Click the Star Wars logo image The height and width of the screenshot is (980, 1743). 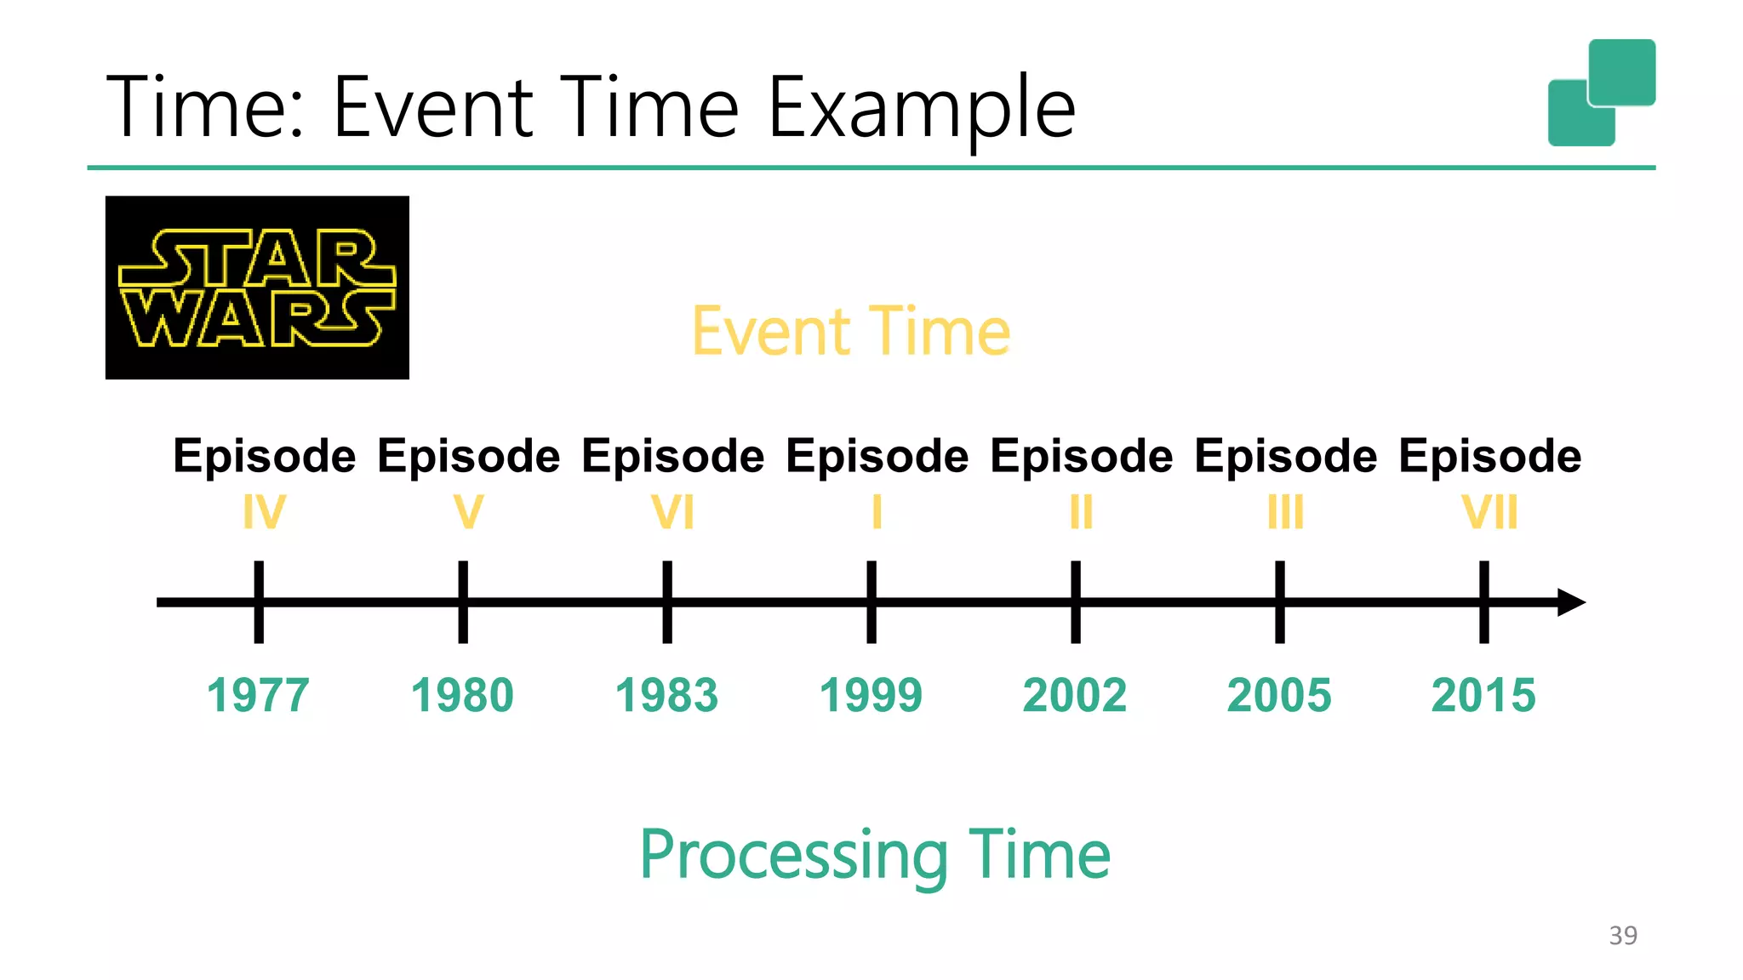(x=257, y=288)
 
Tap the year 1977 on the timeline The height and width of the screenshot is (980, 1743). (x=258, y=695)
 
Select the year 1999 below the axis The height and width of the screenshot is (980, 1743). (x=871, y=695)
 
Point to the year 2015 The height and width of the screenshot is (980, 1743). (x=1483, y=695)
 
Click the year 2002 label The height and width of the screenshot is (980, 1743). (x=1075, y=695)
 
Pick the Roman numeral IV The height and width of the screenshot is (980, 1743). (x=264, y=512)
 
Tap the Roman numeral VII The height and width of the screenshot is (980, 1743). (x=1489, y=512)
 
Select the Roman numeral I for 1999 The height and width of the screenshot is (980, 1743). (x=877, y=512)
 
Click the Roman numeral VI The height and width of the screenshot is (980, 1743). (x=672, y=512)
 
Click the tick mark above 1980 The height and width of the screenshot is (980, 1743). (x=463, y=602)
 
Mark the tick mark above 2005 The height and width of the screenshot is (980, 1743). (x=1279, y=602)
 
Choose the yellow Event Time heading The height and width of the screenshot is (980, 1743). (x=851, y=332)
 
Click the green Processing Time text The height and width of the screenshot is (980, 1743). (x=875, y=854)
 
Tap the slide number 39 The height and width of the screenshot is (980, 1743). (x=1623, y=936)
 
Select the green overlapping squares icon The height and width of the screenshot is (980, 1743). (x=1602, y=92)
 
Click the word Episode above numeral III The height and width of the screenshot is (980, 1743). (x=1285, y=456)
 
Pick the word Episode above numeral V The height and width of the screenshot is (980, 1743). (x=468, y=456)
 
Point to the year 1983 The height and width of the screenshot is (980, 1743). (x=666, y=695)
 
